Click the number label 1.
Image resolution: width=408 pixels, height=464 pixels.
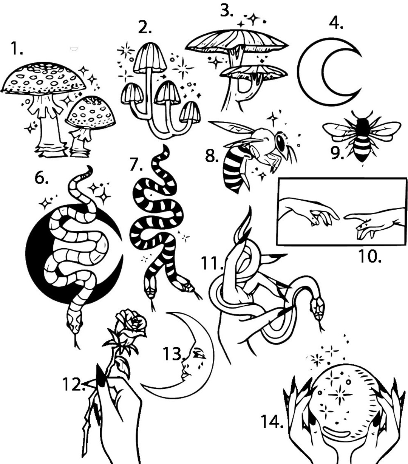(x=16, y=49)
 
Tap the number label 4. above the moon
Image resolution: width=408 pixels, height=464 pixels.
(x=336, y=23)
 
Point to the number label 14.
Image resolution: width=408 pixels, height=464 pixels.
(x=272, y=421)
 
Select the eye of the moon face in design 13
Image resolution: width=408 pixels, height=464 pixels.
(x=197, y=355)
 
